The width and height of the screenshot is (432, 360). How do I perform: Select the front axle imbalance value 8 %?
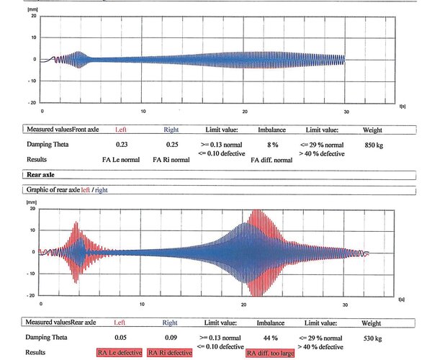point(263,145)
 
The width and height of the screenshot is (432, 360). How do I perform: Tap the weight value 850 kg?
point(372,145)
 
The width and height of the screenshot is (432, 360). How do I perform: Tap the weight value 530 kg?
point(372,337)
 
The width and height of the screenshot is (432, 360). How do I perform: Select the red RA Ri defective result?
point(170,353)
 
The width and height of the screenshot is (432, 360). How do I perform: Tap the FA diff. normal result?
point(272,161)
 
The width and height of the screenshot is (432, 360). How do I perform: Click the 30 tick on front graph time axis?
point(346,111)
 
